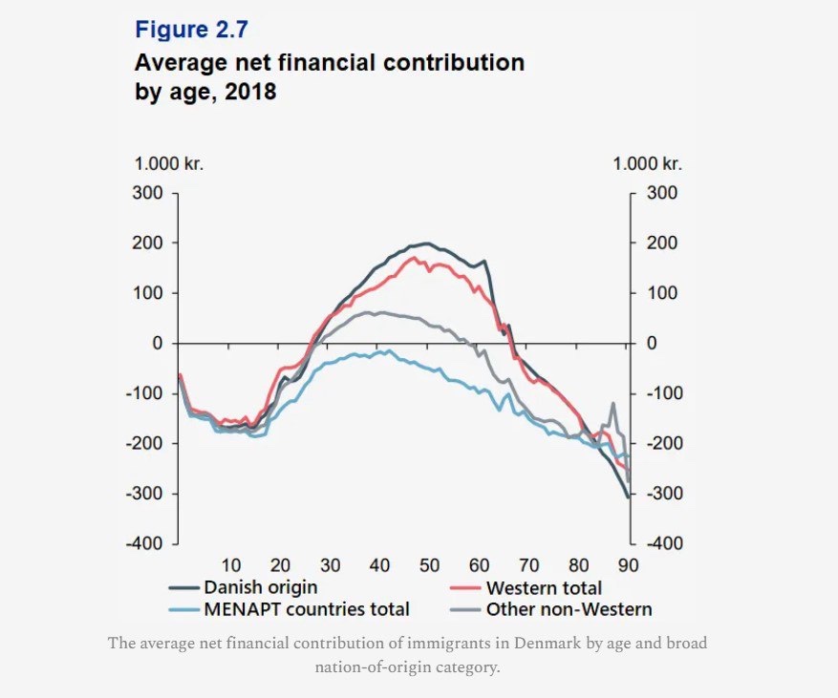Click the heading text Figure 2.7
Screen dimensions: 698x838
pos(192,30)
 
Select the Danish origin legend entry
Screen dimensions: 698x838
pos(260,587)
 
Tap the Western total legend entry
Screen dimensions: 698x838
pos(544,587)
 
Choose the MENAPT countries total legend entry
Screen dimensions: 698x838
pos(306,608)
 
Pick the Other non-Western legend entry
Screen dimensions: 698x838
pos(569,608)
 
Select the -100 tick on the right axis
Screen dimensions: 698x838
pos(665,392)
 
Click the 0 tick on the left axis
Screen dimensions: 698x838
pos(159,343)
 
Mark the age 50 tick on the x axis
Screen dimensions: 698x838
pos(429,563)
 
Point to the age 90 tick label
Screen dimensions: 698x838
pos(628,563)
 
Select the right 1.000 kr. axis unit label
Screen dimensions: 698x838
pos(648,163)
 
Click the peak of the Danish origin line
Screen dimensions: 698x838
pos(426,243)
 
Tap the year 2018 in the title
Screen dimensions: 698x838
pos(250,95)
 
